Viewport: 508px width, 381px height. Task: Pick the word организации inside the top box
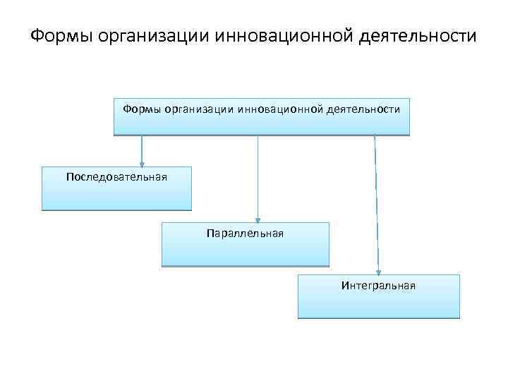click(x=198, y=109)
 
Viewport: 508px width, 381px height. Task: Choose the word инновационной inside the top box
click(x=280, y=109)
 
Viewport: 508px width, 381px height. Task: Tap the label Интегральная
click(x=378, y=286)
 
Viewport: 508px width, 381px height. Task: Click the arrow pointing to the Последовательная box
click(x=142, y=150)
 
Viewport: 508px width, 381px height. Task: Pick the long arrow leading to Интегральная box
click(x=376, y=205)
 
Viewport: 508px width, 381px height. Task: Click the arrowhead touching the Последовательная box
click(x=142, y=164)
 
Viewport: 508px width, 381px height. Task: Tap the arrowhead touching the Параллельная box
click(x=258, y=219)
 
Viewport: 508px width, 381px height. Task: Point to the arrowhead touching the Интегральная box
click(x=378, y=271)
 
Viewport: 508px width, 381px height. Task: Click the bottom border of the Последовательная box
click(x=116, y=210)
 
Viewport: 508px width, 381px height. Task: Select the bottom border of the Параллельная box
click(x=245, y=265)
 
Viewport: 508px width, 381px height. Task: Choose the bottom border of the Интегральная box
click(x=378, y=317)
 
